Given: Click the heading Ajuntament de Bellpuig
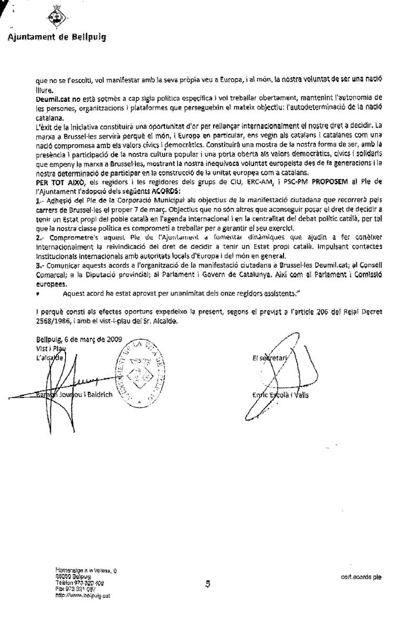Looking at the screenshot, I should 57,37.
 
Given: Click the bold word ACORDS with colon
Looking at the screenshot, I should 166,190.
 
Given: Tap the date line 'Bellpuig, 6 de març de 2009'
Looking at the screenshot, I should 79,339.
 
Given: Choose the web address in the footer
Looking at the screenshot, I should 82,595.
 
